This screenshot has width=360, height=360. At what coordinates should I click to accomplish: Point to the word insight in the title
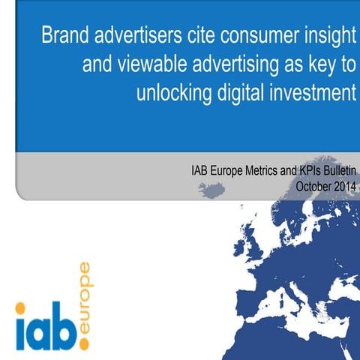[330, 37]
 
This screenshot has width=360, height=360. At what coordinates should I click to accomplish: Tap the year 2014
[341, 185]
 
